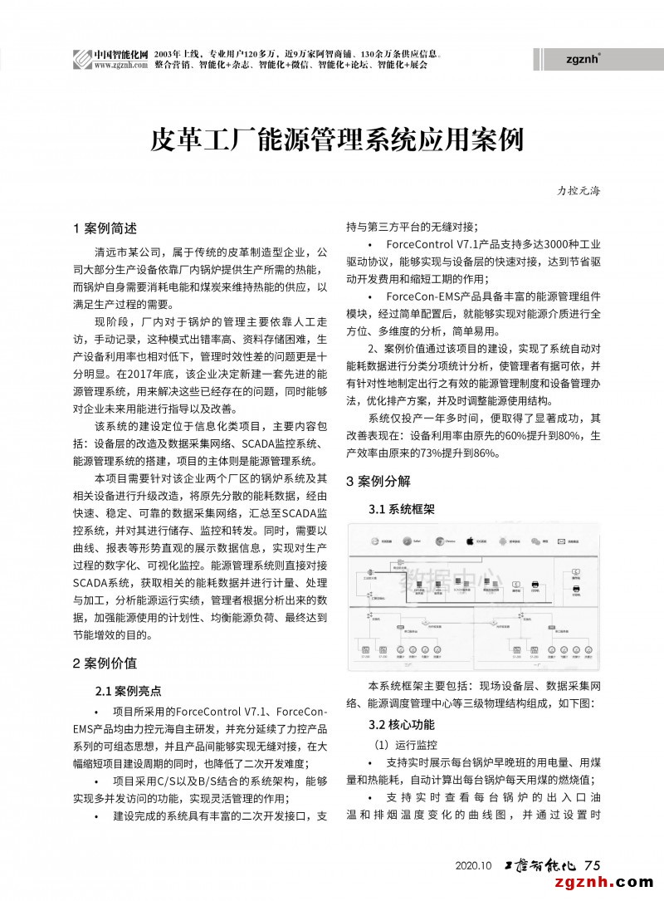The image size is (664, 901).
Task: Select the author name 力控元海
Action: (x=578, y=190)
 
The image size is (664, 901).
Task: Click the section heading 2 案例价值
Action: (x=105, y=663)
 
